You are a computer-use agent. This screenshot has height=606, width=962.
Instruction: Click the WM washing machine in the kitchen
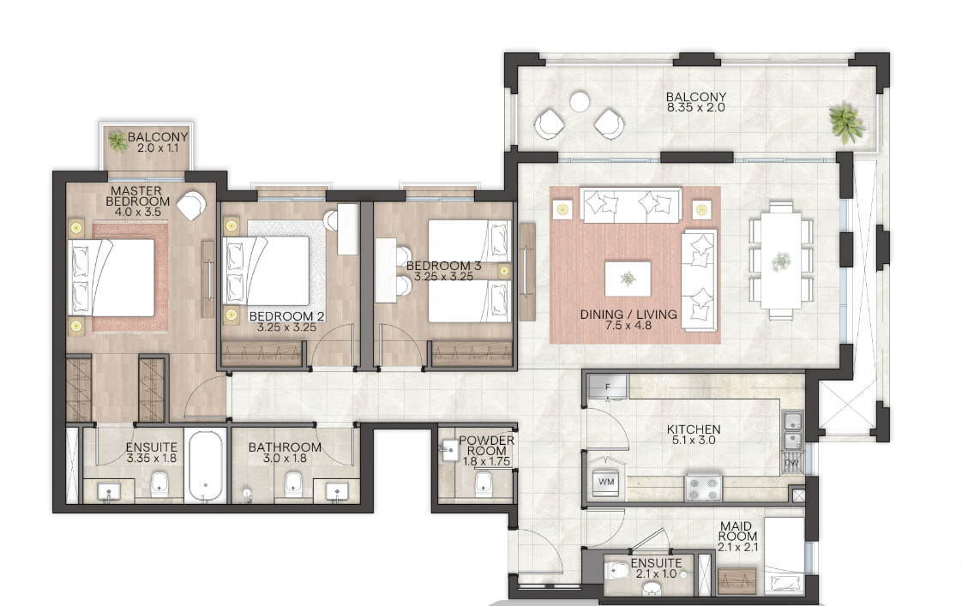[606, 482]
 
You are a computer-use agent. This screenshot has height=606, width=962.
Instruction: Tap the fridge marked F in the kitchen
[608, 387]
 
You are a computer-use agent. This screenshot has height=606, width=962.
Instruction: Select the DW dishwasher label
[791, 464]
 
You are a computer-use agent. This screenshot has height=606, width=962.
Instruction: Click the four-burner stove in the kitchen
[703, 487]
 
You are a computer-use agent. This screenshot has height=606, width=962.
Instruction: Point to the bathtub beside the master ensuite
[206, 466]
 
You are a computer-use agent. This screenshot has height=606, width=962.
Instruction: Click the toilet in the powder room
[484, 483]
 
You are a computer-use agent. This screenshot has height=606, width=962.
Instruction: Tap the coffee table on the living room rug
[628, 279]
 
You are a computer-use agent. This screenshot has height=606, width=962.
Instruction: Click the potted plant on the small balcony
[117, 141]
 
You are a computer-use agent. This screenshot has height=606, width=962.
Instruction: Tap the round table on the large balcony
[579, 102]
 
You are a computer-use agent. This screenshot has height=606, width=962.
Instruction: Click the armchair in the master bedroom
[192, 206]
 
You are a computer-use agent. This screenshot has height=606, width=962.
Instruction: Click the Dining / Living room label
[628, 315]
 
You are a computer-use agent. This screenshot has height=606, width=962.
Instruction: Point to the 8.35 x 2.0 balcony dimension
[695, 107]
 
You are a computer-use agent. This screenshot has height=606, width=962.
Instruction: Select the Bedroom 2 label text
[286, 316]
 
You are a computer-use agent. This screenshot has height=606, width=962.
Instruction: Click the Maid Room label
[737, 531]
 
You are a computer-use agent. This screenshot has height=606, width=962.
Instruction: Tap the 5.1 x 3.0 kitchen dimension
[694, 440]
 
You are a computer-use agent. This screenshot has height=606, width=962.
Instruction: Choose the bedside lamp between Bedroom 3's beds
[504, 271]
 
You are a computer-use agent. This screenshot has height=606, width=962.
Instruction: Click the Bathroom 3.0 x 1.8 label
[285, 453]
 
